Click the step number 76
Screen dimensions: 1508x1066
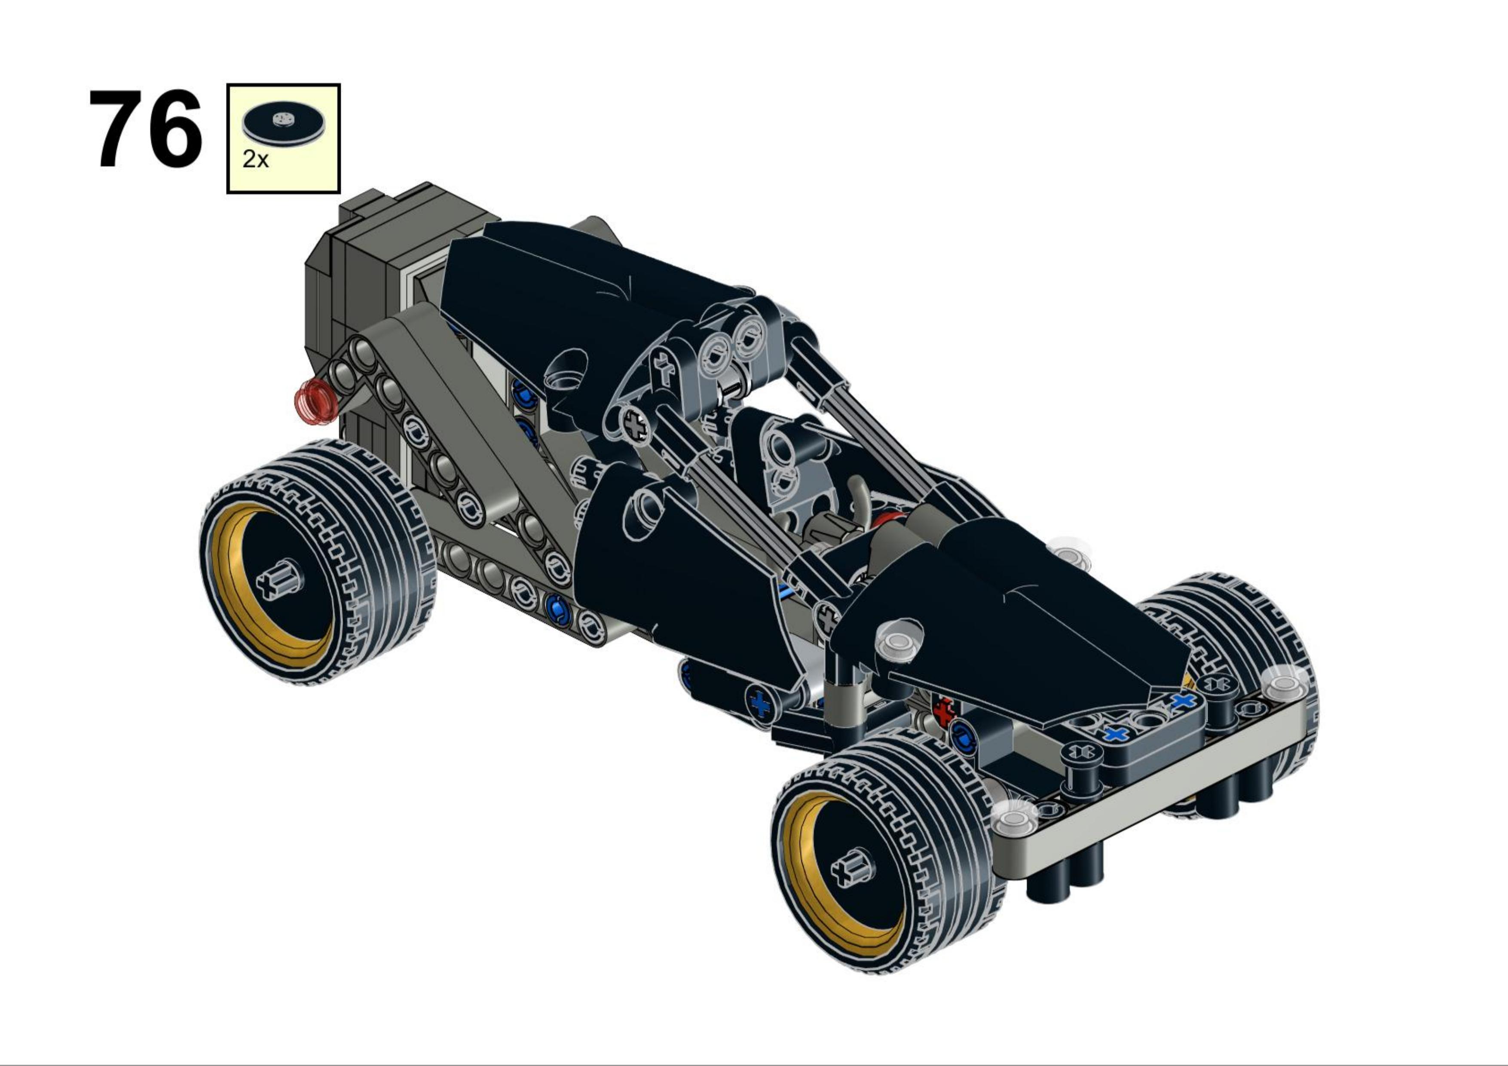146,129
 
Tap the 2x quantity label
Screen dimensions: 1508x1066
256,159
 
